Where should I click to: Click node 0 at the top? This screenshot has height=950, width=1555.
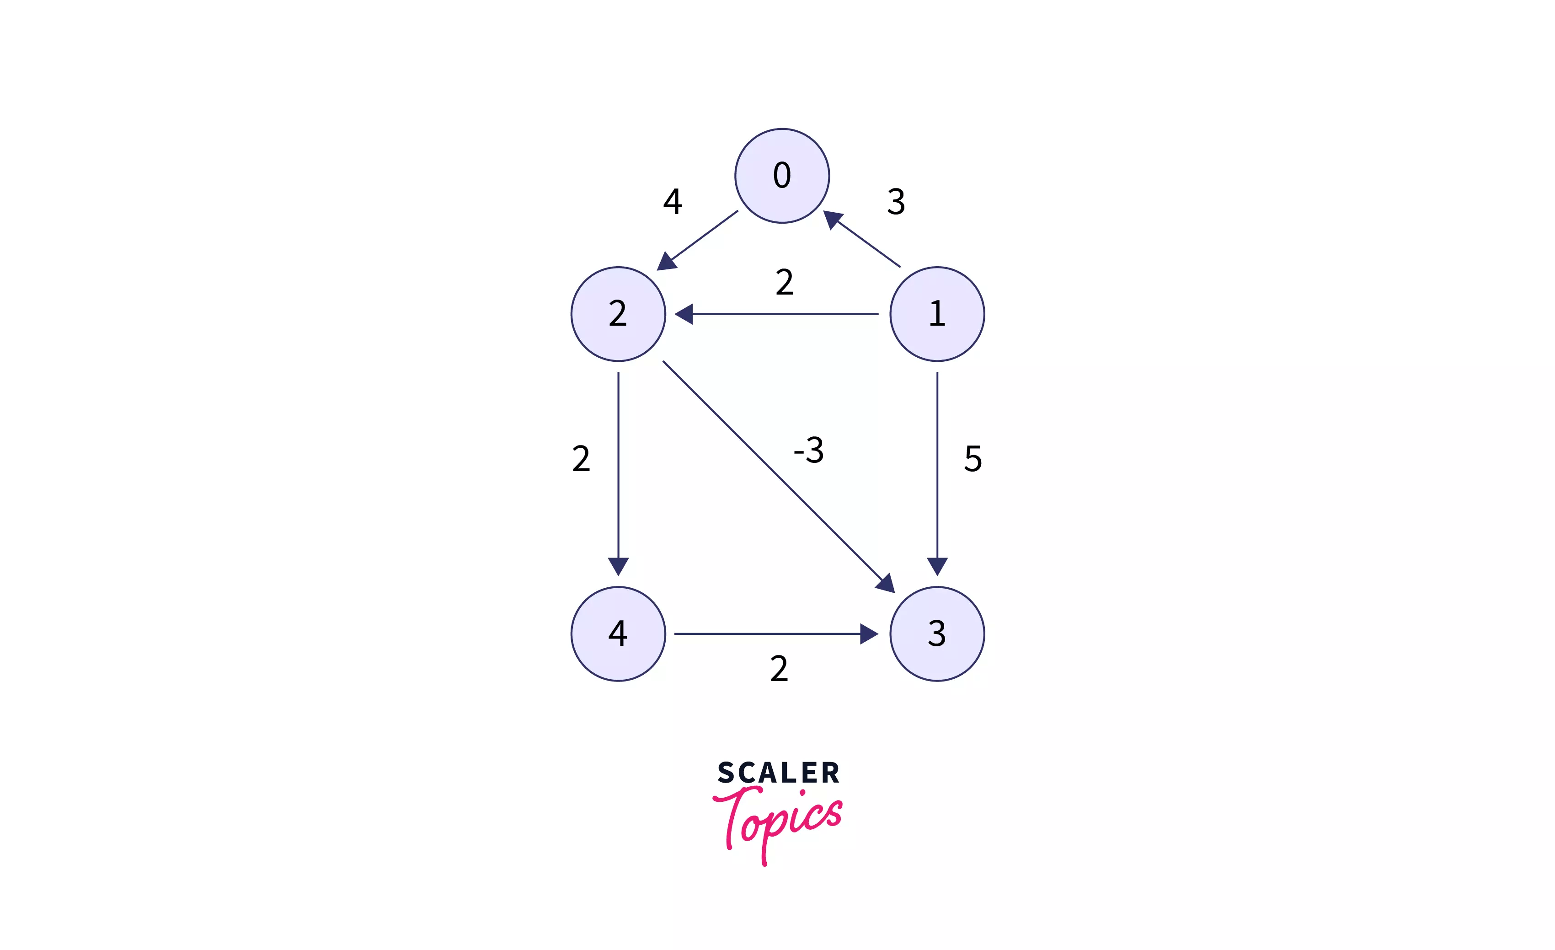[x=782, y=176]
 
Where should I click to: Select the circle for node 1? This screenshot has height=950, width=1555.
[x=937, y=314]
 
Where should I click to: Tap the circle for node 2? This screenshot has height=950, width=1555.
[x=619, y=314]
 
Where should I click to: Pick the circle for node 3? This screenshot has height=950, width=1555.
[x=937, y=634]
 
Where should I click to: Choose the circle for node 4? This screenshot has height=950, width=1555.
[x=619, y=634]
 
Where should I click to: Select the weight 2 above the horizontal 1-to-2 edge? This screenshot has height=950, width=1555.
[x=785, y=282]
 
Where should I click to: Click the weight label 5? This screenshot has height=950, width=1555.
[x=973, y=458]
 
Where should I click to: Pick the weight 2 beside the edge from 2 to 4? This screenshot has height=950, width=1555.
[x=581, y=458]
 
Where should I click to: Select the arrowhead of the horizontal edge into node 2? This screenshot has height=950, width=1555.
[x=684, y=314]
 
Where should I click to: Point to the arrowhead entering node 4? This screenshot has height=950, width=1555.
[x=619, y=566]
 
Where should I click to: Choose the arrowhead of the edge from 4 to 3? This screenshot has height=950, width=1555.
[x=869, y=634]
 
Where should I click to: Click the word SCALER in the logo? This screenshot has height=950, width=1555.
[x=779, y=773]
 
